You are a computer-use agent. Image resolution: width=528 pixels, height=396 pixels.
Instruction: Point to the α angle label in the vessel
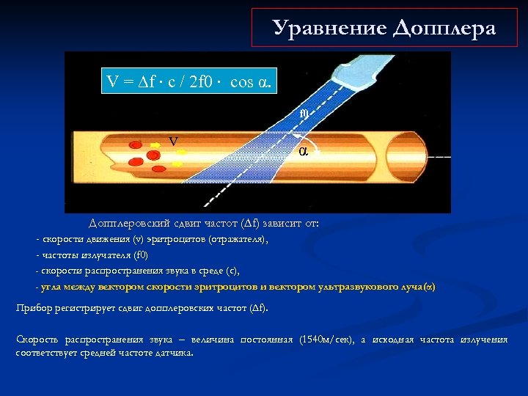point(303,151)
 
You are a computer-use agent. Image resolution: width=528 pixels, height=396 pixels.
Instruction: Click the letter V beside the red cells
point(173,141)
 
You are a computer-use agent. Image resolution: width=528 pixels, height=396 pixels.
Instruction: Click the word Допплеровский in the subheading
point(124,223)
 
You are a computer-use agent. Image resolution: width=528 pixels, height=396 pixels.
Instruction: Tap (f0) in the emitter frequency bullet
point(139,255)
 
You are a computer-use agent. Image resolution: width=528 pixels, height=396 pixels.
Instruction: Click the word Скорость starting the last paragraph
point(37,340)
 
